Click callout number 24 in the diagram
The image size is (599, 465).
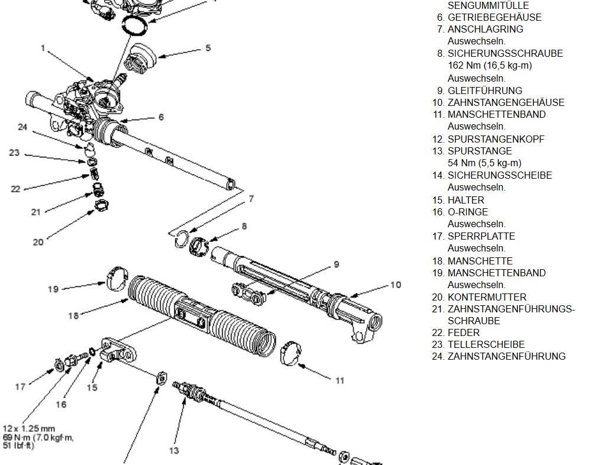click(22, 127)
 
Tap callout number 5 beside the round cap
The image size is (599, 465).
click(208, 48)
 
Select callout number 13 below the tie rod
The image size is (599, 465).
click(174, 450)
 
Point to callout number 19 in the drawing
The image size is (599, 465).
click(54, 289)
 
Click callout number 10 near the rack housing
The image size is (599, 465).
click(395, 285)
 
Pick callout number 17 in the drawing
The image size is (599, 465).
click(21, 387)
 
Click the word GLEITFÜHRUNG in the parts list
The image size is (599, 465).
click(484, 91)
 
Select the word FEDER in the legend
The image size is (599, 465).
click(464, 332)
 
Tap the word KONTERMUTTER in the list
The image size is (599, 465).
click(487, 297)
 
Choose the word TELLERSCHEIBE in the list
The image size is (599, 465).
click(486, 344)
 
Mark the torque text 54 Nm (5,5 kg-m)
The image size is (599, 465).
click(484, 163)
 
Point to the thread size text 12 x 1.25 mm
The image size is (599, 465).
click(29, 428)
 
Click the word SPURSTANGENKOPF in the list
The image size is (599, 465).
click(496, 139)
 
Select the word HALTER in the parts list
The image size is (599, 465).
click(465, 200)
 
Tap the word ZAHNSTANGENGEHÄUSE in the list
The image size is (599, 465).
click(506, 102)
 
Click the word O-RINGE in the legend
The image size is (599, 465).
click(467, 212)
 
